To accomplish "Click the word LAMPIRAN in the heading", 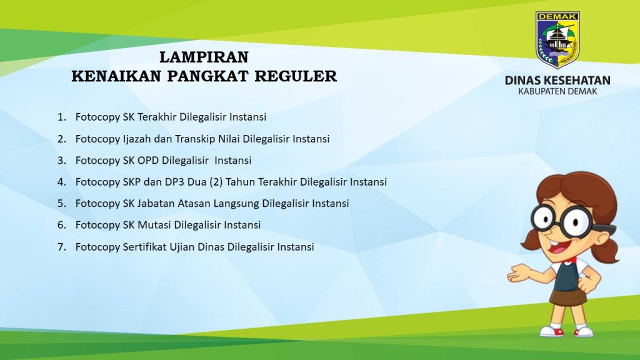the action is click(204, 57).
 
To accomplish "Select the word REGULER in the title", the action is click(296, 76).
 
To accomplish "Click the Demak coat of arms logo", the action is click(557, 39).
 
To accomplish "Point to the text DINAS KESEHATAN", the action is click(557, 80).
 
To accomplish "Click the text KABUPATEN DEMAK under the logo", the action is click(557, 91).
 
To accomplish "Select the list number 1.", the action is click(61, 117).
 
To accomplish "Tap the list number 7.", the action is click(61, 247).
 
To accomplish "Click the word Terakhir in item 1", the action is click(157, 117).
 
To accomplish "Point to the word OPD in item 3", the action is click(147, 161).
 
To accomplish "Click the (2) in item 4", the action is click(216, 182).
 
